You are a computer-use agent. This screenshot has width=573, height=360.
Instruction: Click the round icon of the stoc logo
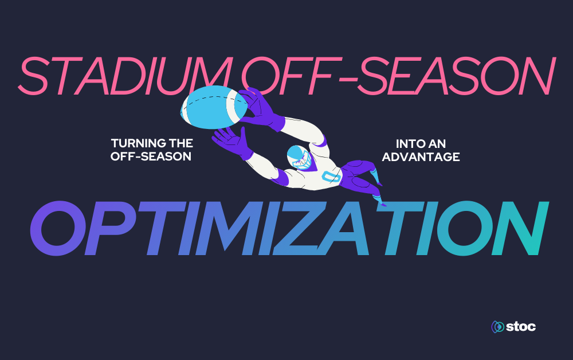[x=497, y=327]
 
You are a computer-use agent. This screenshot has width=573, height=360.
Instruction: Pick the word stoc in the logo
[x=521, y=327]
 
